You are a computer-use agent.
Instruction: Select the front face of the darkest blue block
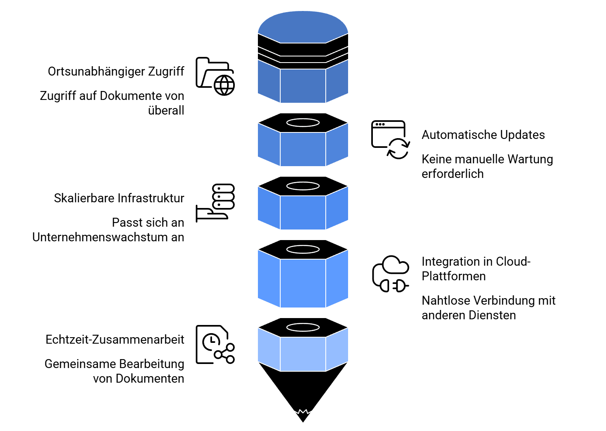click(x=303, y=86)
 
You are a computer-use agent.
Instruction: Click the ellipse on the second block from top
click(x=303, y=123)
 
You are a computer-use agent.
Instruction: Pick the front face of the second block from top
click(x=303, y=149)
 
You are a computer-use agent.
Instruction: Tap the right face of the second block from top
click(x=337, y=145)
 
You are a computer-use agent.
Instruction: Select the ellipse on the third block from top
click(x=303, y=186)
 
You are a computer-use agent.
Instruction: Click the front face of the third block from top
click(x=303, y=212)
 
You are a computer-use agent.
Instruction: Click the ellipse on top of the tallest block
click(x=303, y=249)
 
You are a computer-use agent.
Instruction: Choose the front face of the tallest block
click(x=303, y=283)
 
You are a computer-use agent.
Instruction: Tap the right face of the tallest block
click(x=337, y=279)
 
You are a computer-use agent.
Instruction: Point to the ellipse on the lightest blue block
click(x=303, y=327)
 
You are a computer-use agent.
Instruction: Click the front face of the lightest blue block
click(x=303, y=354)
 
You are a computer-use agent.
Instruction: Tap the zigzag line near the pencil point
click(x=303, y=412)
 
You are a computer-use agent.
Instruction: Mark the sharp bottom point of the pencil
click(x=303, y=422)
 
